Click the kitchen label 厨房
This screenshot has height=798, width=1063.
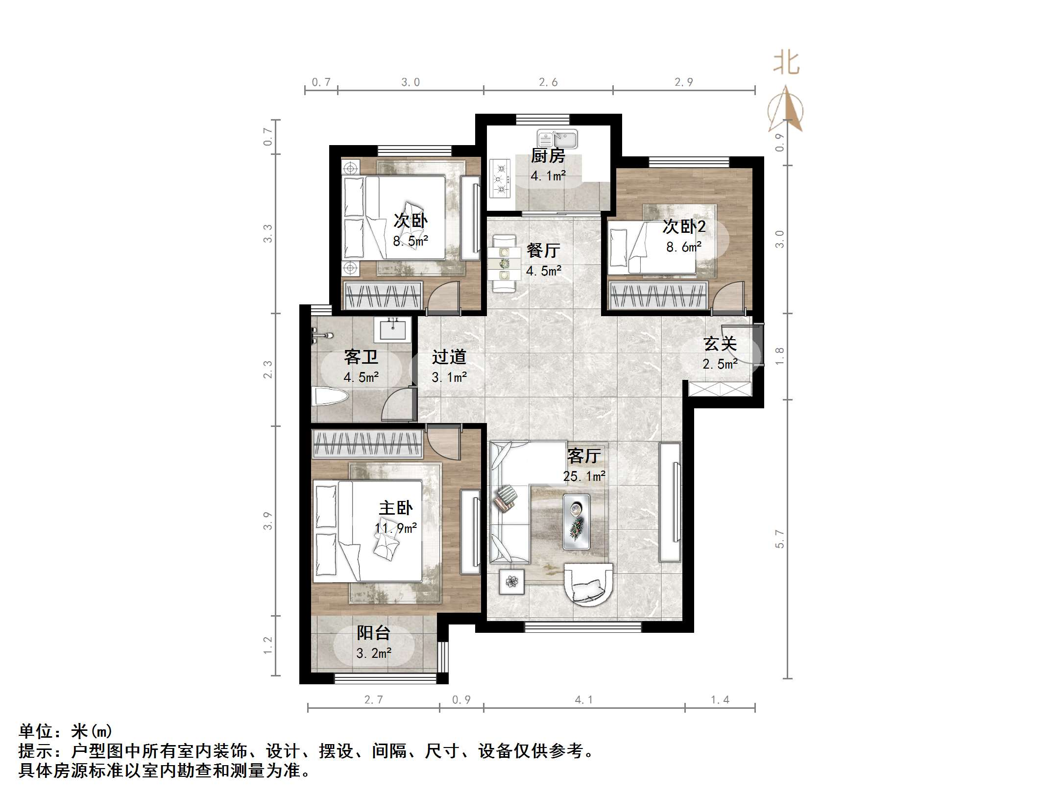[548, 156]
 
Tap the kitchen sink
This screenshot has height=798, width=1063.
[557, 139]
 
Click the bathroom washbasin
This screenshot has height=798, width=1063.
[392, 329]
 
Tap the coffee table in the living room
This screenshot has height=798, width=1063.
[576, 521]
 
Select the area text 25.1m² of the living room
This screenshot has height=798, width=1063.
[584, 476]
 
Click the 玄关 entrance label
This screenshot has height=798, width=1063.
[720, 344]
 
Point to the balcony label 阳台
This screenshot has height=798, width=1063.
[373, 633]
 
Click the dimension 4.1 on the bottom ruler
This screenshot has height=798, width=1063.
[583, 700]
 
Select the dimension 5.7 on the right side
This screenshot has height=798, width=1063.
[779, 539]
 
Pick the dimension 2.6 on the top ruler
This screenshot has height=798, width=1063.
[548, 82]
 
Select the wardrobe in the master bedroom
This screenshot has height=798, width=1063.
[367, 444]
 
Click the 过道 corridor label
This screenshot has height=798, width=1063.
[449, 357]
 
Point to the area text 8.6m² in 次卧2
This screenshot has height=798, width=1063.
[683, 247]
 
